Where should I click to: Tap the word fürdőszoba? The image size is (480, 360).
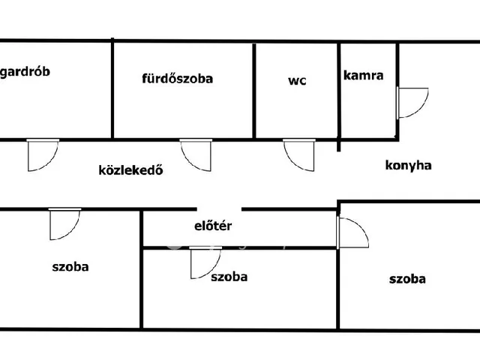click(x=178, y=78)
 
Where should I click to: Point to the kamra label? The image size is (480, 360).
click(x=364, y=75)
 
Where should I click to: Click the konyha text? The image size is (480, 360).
click(x=408, y=166)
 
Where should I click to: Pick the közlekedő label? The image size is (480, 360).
click(x=131, y=169)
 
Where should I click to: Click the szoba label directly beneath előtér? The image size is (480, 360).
click(x=229, y=277)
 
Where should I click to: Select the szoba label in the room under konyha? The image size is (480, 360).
click(x=407, y=279)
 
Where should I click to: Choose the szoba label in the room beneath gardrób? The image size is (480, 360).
click(x=70, y=266)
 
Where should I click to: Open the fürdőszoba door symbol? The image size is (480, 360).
click(x=195, y=154)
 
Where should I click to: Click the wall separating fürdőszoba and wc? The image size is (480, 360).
click(x=256, y=91)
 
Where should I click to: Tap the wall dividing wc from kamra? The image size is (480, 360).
click(x=340, y=91)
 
